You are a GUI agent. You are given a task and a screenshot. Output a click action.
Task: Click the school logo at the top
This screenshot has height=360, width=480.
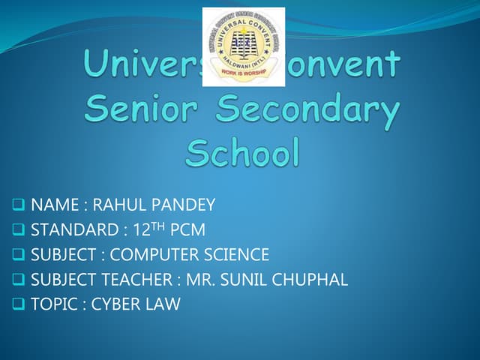coord(244,46)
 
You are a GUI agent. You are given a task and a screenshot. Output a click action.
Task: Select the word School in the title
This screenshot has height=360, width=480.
coord(243,154)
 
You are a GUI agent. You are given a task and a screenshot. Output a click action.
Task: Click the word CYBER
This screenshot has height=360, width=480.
coord(115,304)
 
